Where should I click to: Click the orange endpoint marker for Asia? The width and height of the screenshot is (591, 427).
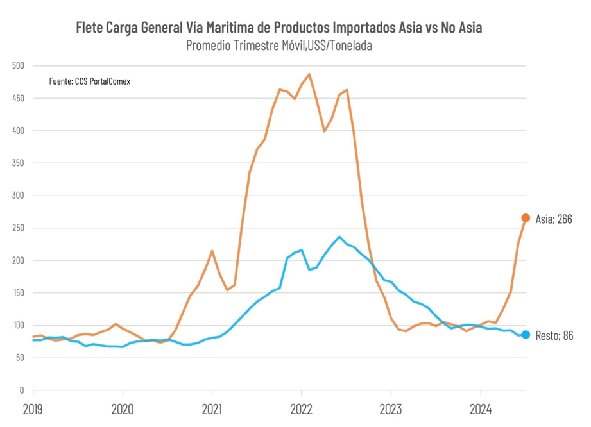coord(526,218)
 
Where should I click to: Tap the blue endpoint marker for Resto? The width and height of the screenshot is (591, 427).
coord(526,335)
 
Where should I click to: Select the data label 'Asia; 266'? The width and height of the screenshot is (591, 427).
coord(554,219)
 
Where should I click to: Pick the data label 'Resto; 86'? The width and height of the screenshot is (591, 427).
coord(554,335)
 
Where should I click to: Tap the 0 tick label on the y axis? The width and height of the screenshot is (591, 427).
coord(21,390)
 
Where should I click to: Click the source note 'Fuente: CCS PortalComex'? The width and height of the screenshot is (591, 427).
coord(90,81)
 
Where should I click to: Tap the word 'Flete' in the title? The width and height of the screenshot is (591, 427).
coord(91,28)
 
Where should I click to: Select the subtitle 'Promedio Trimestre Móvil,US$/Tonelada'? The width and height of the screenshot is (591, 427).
coord(278,46)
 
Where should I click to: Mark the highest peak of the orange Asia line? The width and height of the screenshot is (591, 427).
coord(309,74)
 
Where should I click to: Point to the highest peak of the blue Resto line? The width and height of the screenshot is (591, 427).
coord(339,237)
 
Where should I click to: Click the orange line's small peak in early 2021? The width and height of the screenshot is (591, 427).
coord(212,251)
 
